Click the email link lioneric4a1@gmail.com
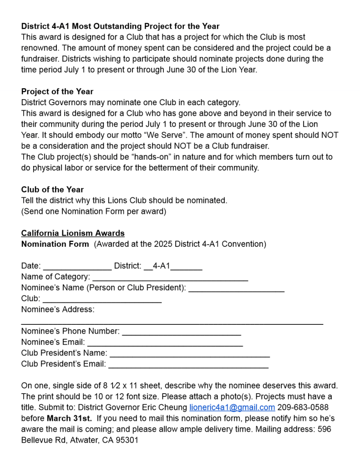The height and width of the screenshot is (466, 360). click(x=232, y=407)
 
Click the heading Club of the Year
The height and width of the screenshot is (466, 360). click(x=52, y=189)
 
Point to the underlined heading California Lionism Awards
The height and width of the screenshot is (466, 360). click(x=73, y=233)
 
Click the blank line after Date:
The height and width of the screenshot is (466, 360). click(x=77, y=266)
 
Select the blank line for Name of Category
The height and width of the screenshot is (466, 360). click(x=170, y=277)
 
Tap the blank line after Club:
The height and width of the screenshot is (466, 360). click(x=102, y=299)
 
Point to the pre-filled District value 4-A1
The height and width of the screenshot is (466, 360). click(x=161, y=266)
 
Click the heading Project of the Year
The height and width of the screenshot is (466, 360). click(x=57, y=92)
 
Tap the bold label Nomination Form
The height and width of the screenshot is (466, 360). click(x=55, y=244)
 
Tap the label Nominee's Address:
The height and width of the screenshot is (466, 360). click(x=58, y=310)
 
